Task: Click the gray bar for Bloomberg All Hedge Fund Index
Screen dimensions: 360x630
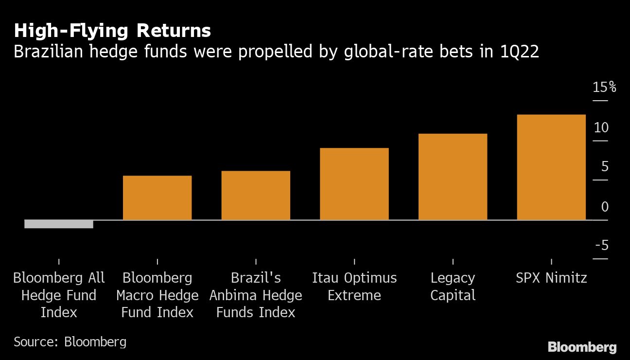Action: click(x=59, y=224)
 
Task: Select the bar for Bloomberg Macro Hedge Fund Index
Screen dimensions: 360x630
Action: click(x=157, y=198)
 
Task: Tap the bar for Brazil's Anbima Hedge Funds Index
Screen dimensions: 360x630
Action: click(x=256, y=196)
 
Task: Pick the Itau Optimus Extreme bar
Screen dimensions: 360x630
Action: click(x=354, y=184)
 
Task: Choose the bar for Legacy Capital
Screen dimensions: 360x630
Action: click(x=453, y=177)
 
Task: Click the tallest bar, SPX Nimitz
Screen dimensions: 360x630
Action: click(x=551, y=167)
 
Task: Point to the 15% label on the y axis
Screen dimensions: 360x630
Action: click(x=604, y=88)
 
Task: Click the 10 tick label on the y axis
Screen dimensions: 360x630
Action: click(x=601, y=127)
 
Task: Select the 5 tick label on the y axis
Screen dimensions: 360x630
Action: click(x=605, y=167)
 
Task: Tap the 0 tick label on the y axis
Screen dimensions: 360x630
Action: click(x=605, y=207)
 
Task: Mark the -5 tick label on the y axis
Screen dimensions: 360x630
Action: click(x=602, y=246)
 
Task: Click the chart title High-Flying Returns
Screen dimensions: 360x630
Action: click(x=112, y=31)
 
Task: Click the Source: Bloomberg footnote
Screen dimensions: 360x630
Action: click(x=70, y=342)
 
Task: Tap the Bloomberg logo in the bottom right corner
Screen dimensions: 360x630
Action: click(x=582, y=347)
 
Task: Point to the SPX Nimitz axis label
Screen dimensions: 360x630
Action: click(x=551, y=278)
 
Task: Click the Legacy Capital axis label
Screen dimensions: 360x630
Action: click(x=453, y=287)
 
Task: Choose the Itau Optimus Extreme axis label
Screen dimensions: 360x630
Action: click(x=354, y=287)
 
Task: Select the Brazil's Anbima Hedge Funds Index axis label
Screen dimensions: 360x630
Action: click(x=256, y=295)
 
